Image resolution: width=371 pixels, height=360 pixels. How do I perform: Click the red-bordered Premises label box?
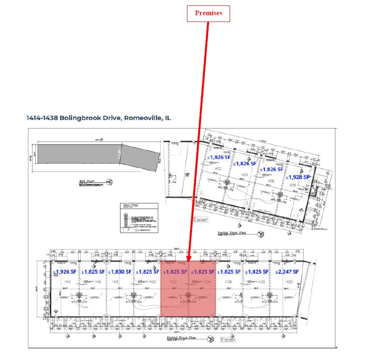coord(209,13)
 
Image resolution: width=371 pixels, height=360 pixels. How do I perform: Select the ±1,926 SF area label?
coord(65,272)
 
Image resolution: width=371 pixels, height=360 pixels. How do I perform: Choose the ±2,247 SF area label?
coord(287,271)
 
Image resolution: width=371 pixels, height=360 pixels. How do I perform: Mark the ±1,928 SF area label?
coord(297,177)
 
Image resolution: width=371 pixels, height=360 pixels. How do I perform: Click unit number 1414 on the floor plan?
coord(67,281)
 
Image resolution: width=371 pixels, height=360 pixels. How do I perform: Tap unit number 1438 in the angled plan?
coord(293,185)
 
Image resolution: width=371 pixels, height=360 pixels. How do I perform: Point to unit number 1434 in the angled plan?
coord(245,174)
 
